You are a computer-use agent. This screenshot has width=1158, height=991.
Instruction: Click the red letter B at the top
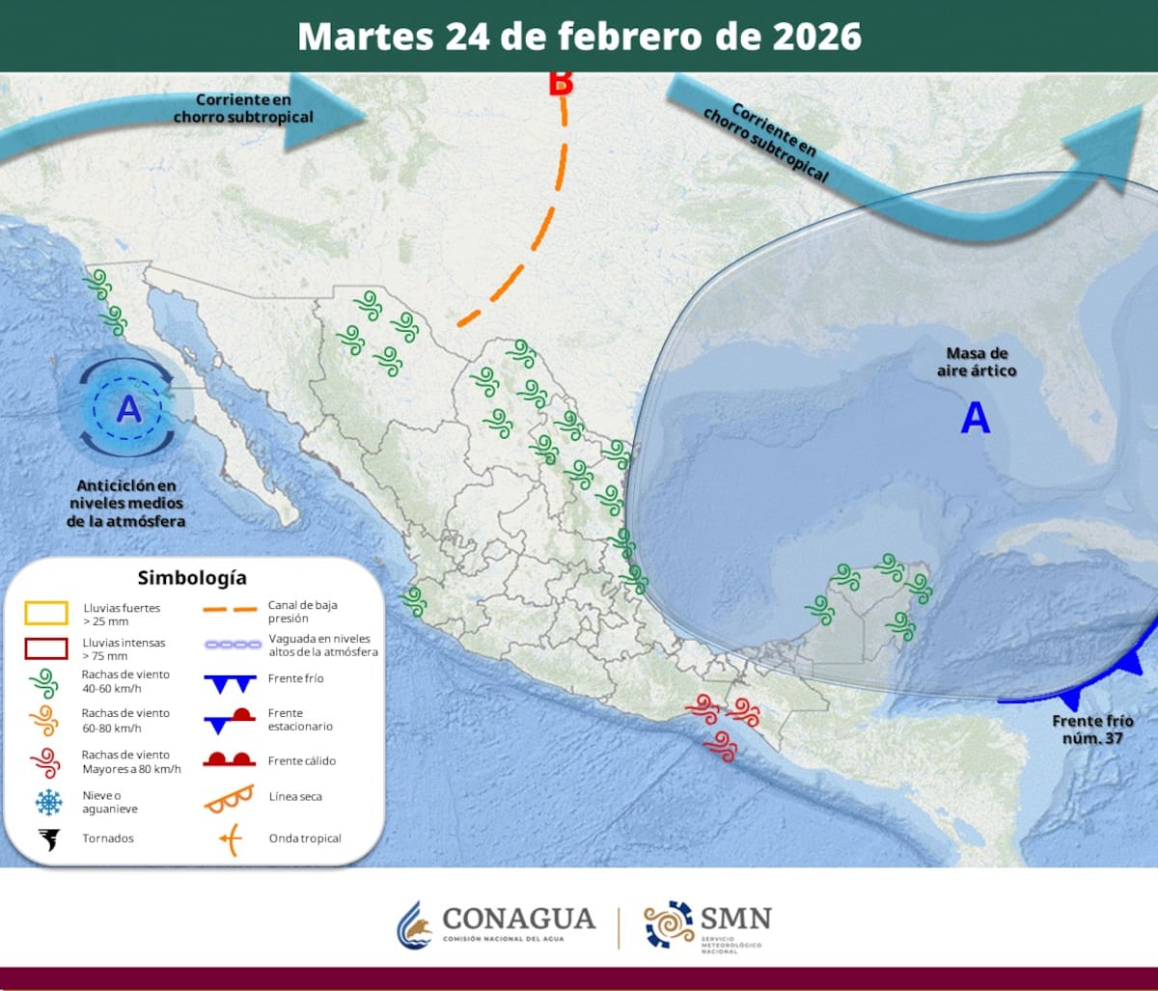coord(561,83)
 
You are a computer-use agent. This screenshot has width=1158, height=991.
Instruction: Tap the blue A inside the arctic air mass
coord(976,418)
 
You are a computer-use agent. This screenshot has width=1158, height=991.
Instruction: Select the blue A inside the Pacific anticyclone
coord(128,410)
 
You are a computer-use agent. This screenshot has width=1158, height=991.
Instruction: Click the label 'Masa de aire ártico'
coord(977,362)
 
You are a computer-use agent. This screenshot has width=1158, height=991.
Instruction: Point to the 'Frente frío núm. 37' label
coord(1092,729)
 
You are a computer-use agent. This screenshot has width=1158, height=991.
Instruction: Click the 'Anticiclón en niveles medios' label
coord(126,503)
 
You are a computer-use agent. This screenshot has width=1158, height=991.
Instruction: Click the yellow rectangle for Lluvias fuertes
coord(47,614)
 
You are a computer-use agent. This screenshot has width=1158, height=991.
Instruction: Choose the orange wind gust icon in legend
coord(45,720)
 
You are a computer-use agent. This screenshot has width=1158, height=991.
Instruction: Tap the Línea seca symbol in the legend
coord(229,797)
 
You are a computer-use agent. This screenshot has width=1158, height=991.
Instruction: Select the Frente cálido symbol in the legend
coord(229,758)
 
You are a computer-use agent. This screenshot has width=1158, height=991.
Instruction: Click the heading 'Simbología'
coord(192,578)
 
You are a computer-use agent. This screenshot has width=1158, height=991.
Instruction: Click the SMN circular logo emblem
coord(669,924)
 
